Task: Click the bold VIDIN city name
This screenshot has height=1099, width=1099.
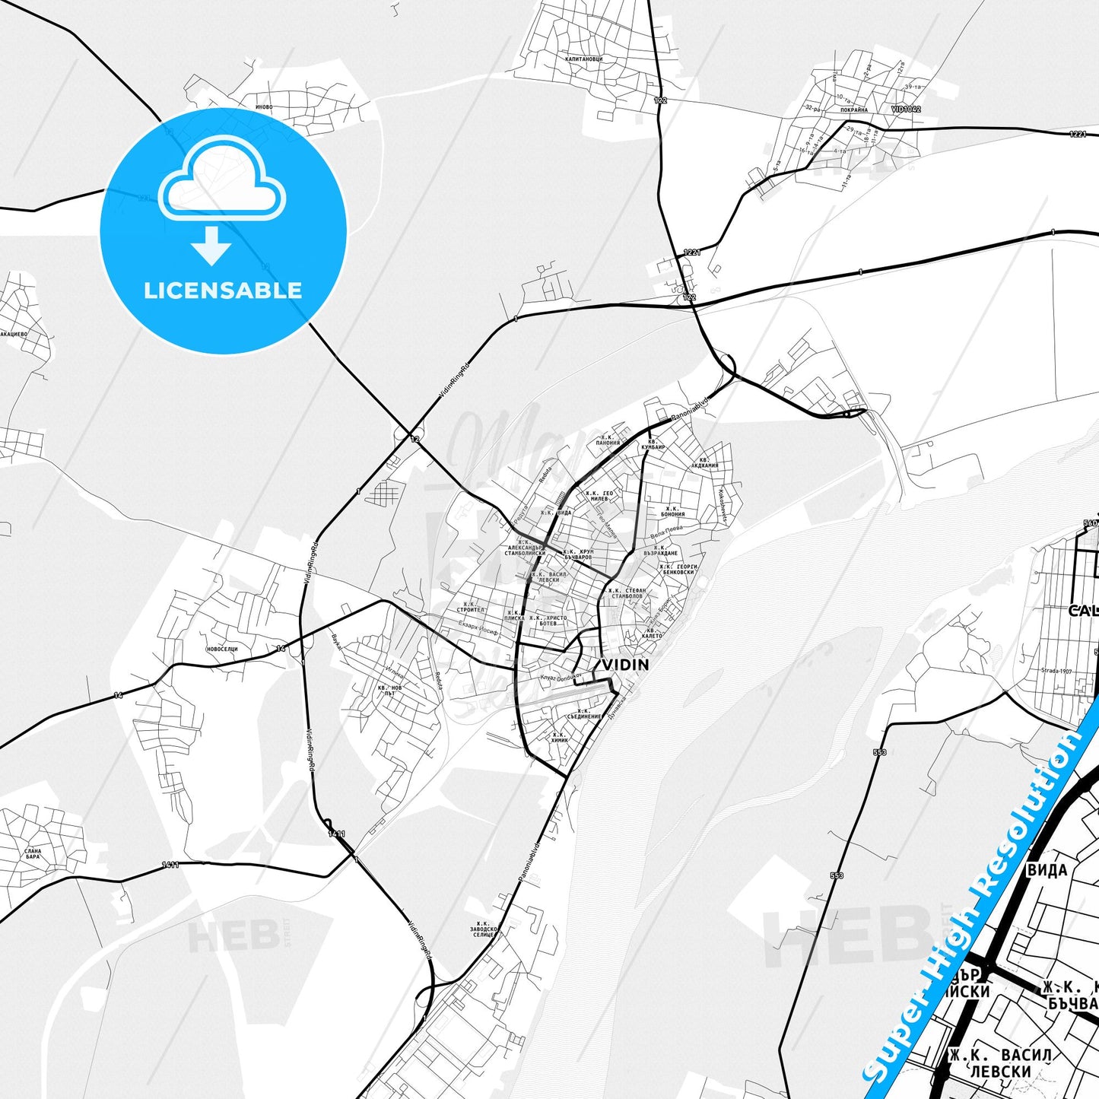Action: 625,665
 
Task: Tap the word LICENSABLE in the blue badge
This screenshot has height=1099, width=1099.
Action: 223,291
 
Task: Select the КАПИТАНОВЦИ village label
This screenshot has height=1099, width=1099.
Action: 584,59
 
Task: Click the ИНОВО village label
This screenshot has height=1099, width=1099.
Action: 264,107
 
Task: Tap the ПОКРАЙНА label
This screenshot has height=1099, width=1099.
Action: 854,110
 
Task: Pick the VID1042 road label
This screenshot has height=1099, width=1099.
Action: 906,110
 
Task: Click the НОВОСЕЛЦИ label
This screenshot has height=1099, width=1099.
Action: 222,649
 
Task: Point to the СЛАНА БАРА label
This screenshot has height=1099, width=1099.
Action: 33,853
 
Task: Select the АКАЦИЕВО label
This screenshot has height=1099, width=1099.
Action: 14,334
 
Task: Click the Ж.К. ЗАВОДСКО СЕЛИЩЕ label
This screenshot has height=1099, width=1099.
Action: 484,929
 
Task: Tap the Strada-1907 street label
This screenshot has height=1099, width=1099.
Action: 1056,671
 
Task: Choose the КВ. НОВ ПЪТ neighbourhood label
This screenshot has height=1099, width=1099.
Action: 389,690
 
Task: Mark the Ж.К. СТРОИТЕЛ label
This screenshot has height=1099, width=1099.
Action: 470,607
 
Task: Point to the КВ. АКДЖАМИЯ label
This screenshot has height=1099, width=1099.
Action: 705,462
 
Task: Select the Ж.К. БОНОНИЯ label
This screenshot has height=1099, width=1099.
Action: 672,511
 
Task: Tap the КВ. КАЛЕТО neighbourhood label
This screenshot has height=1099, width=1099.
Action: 652,633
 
